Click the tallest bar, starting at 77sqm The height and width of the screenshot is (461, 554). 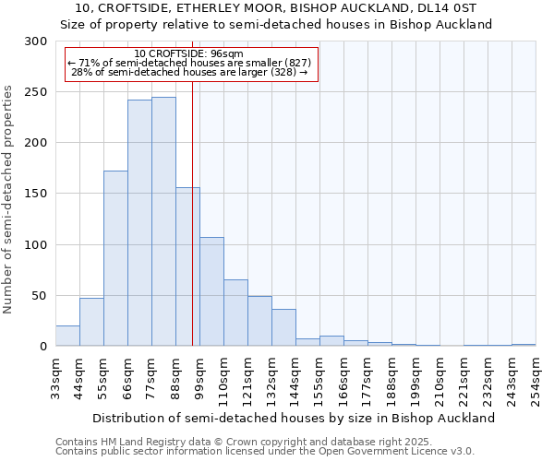pyautogui.click(x=163, y=221)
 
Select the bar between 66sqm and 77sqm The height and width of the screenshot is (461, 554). pyautogui.click(x=139, y=223)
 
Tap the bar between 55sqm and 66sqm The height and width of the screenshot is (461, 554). pyautogui.click(x=115, y=258)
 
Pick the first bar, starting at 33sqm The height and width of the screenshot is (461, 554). pyautogui.click(x=67, y=337)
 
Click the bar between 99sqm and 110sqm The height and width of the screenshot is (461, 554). pyautogui.click(x=211, y=291)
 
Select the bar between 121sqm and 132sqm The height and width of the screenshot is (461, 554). pyautogui.click(x=259, y=321)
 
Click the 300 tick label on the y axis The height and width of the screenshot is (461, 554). pyautogui.click(x=36, y=41)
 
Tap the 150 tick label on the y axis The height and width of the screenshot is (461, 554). pyautogui.click(x=36, y=194)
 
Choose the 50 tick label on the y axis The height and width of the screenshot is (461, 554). pyautogui.click(x=40, y=296)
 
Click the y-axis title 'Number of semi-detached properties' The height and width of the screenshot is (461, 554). pyautogui.click(x=9, y=199)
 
